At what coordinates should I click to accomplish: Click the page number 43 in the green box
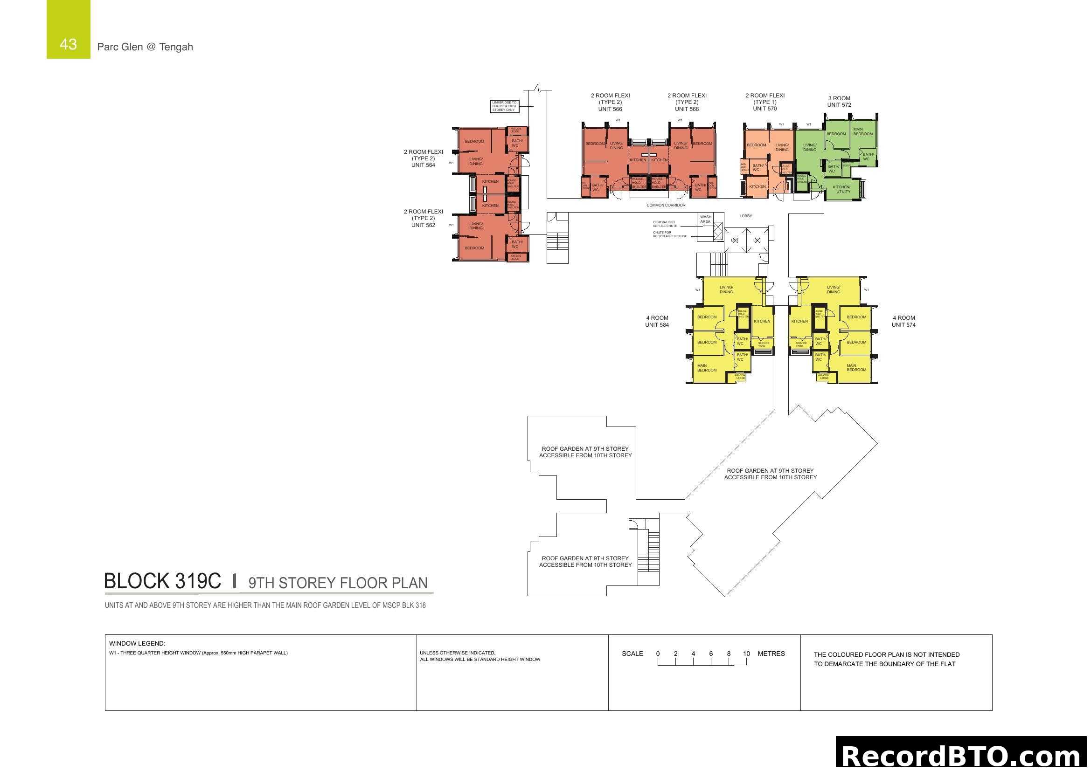68,44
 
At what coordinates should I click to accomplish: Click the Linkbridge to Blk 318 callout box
504,106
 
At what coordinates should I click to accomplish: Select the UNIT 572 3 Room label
839,102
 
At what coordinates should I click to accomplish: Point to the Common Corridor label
665,205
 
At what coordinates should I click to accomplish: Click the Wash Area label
705,220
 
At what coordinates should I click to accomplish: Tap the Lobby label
745,216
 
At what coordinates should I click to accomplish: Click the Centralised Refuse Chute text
665,224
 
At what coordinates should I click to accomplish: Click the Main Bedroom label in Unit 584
707,368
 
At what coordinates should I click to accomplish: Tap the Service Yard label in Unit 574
801,344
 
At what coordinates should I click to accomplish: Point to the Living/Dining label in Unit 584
726,289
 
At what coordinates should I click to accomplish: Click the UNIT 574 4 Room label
903,322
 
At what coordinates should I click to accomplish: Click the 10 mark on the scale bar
746,654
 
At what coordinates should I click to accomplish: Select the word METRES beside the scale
771,654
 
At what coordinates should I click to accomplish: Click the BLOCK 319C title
162,582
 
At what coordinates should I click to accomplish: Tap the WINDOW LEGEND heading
137,644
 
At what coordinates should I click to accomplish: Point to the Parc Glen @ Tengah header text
145,47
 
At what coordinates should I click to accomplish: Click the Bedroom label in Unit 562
474,248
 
